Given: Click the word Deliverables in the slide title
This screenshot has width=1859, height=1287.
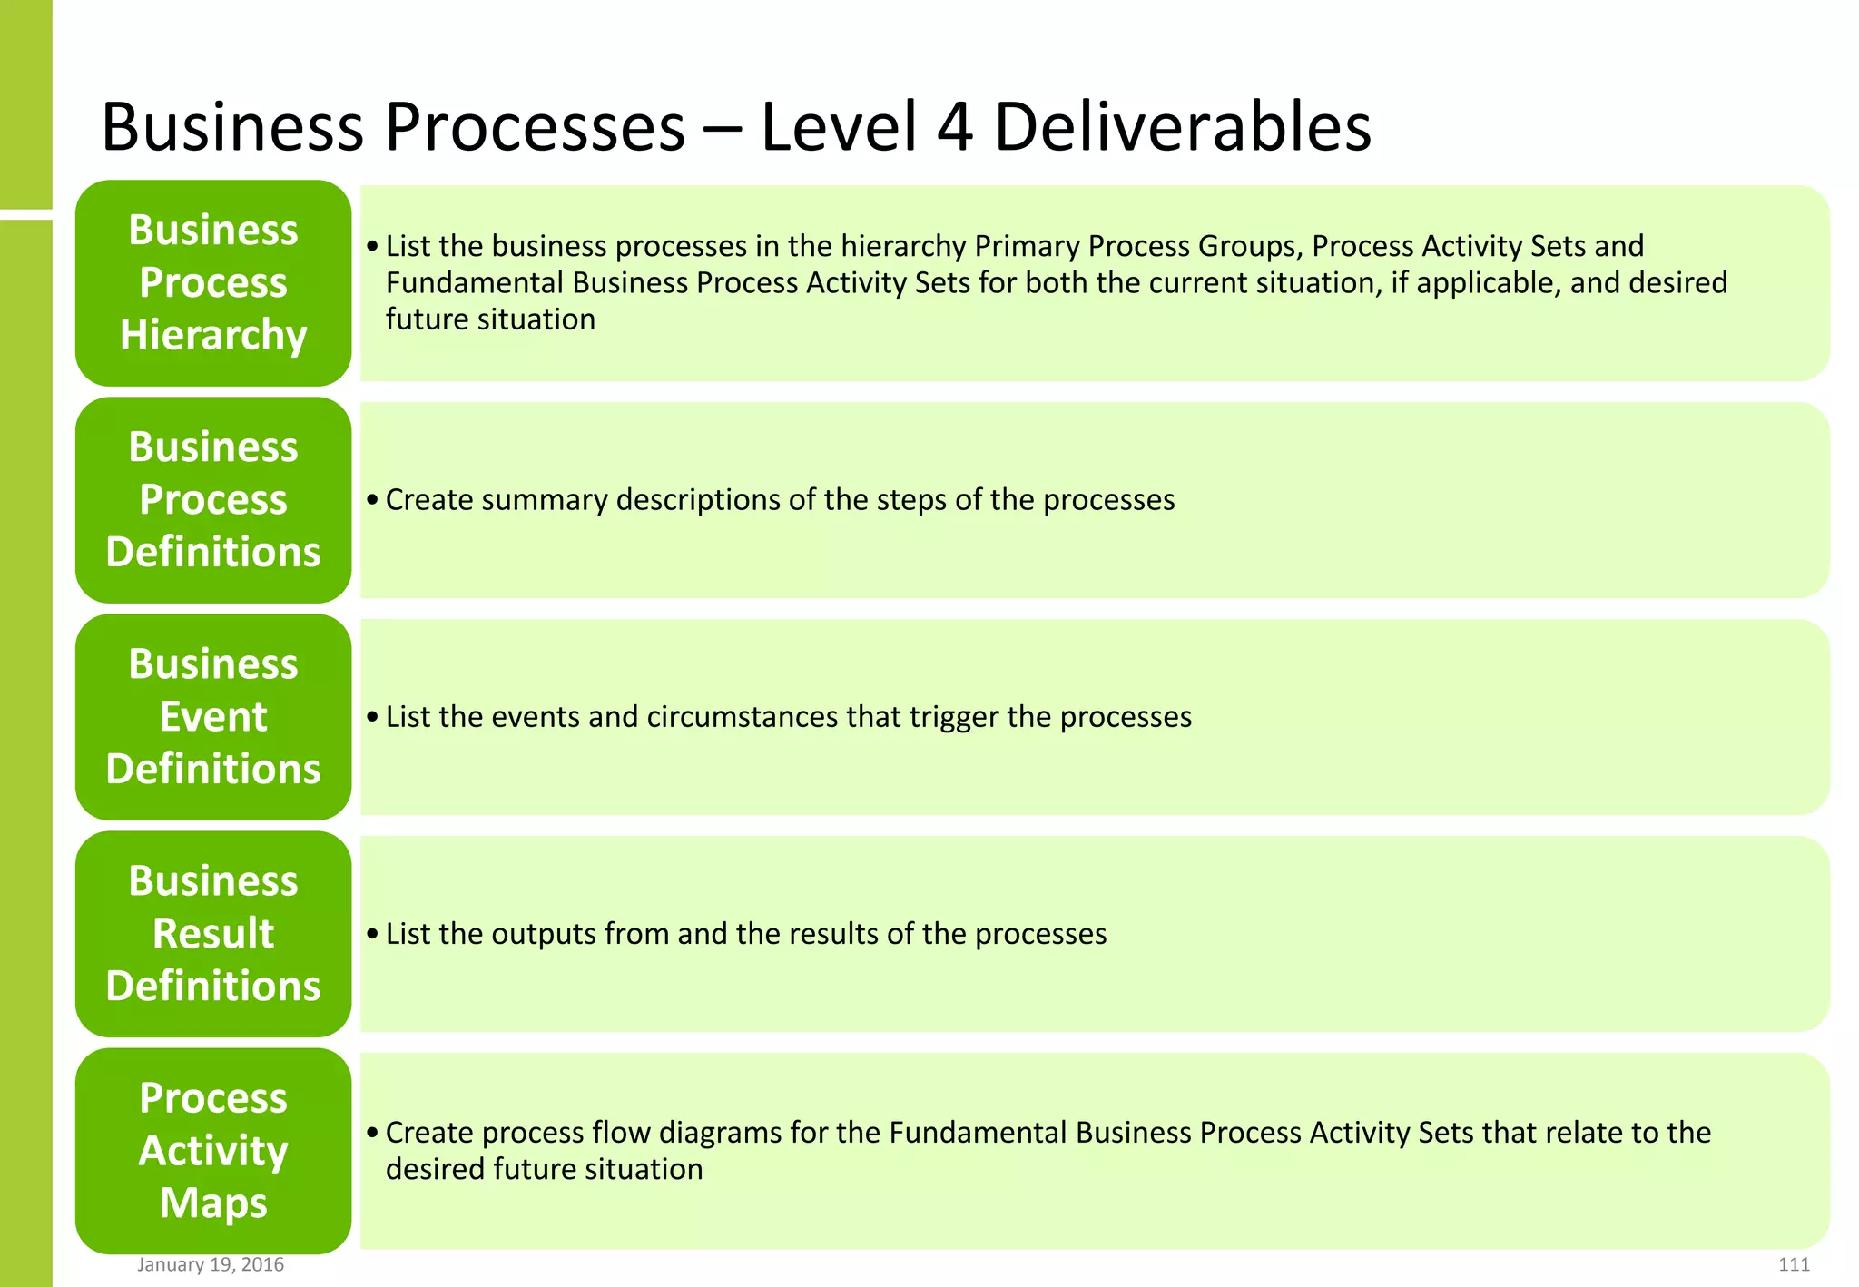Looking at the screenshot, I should click(1182, 126).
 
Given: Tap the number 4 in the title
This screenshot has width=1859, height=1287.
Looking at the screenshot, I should click(955, 126).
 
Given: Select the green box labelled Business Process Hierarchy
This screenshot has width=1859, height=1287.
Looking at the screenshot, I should click(213, 282).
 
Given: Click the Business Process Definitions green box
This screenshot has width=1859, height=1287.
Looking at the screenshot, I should click(213, 499).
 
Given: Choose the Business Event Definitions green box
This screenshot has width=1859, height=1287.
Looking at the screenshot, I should click(213, 716).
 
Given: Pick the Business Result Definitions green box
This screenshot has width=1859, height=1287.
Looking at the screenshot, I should click(213, 933).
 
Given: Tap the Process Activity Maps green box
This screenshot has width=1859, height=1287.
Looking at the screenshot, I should click(213, 1150).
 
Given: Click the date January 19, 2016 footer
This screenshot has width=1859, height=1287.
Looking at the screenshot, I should click(211, 1264).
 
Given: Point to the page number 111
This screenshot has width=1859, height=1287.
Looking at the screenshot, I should click(1794, 1264).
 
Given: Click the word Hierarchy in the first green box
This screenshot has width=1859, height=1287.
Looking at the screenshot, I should click(213, 335).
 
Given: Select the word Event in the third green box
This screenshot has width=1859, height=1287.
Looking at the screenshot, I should click(213, 716).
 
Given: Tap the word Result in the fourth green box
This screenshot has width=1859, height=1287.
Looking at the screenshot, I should click(213, 933).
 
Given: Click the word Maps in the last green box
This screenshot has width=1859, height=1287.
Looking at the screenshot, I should click(213, 1203).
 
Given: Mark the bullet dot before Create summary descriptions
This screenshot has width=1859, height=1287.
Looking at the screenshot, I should click(372, 499).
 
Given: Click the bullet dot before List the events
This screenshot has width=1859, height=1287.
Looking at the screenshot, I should click(372, 716).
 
